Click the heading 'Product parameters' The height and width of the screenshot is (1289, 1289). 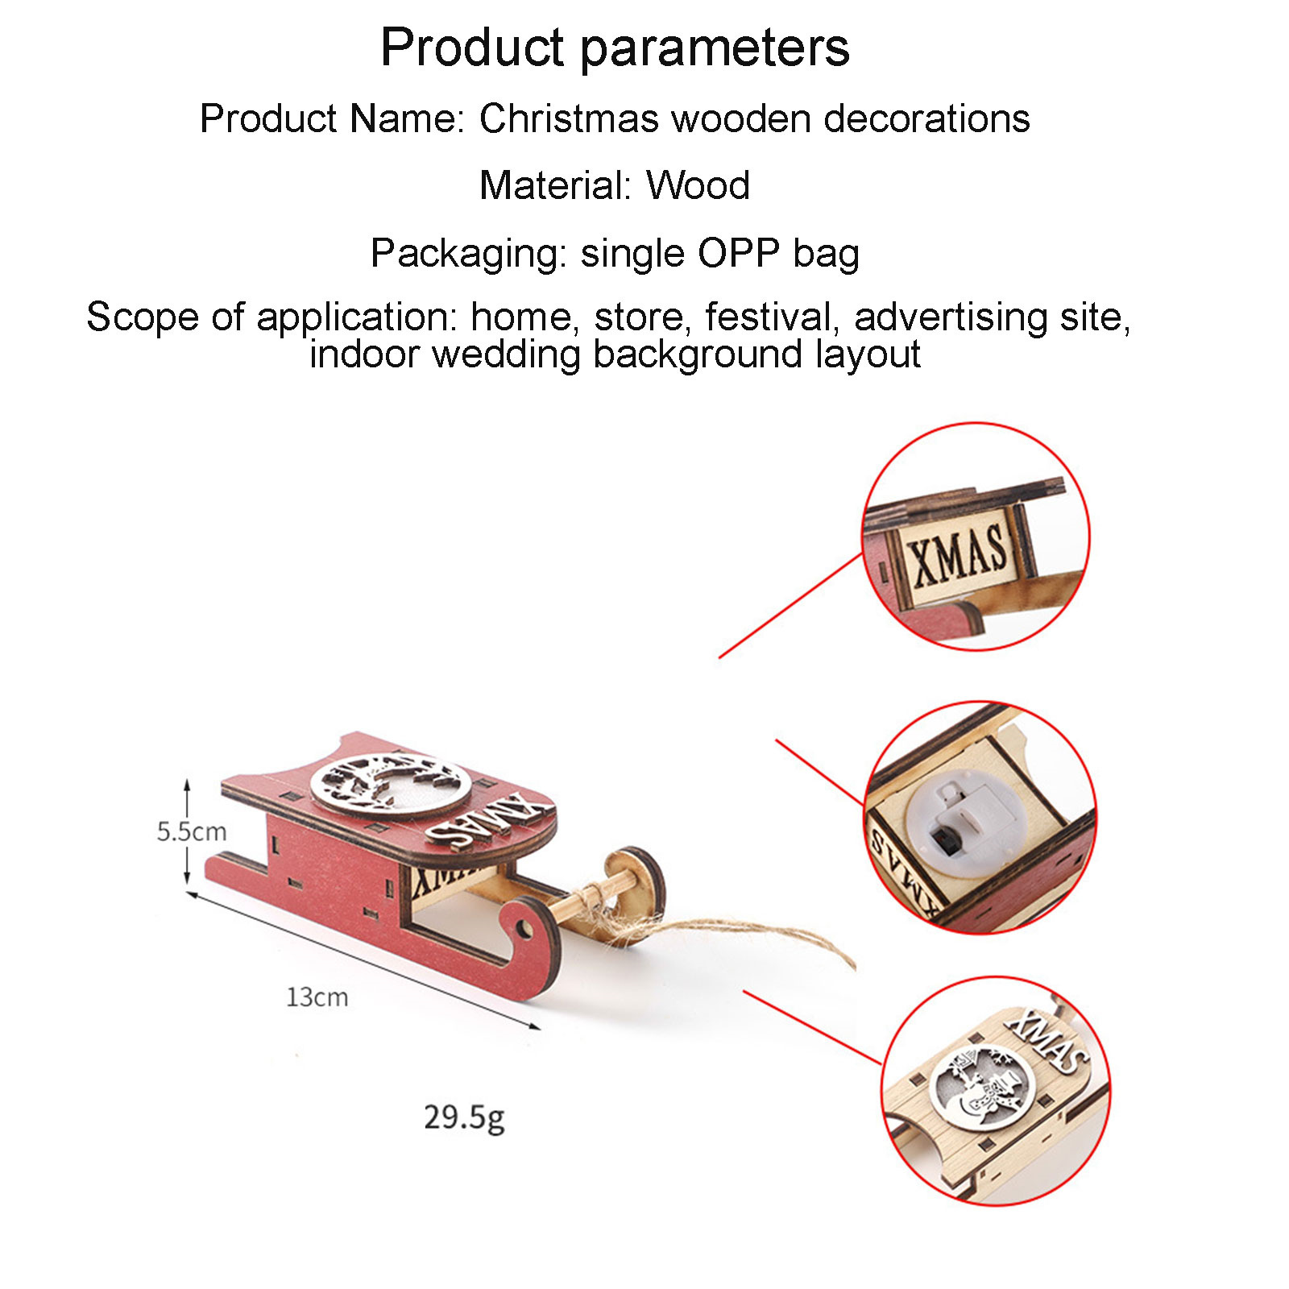tap(615, 48)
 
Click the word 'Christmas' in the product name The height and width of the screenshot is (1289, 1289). tap(569, 118)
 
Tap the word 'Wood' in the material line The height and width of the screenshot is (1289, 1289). tap(698, 185)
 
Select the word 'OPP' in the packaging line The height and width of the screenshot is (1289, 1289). tap(738, 253)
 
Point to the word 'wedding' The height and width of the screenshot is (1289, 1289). tap(506, 354)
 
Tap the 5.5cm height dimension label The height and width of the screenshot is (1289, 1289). tap(192, 831)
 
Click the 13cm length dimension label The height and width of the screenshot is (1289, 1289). tap(317, 997)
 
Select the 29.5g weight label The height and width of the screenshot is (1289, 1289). tap(465, 1118)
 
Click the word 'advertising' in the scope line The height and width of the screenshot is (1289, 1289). tap(951, 317)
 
